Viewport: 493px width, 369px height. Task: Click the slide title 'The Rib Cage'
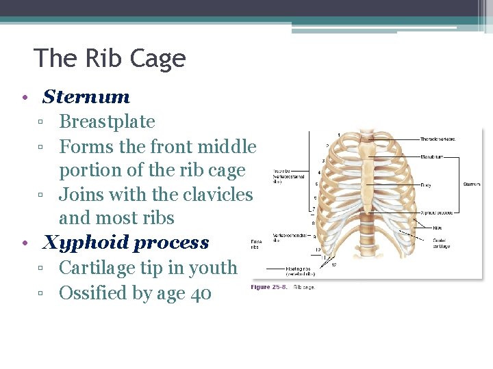coord(110,58)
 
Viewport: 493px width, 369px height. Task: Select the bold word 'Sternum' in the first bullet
coord(86,97)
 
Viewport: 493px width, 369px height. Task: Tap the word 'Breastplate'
coord(107,122)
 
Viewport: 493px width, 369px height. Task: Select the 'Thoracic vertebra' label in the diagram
coord(438,139)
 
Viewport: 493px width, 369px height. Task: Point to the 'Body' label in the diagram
coord(426,184)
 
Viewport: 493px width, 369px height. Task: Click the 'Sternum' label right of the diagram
coord(472,184)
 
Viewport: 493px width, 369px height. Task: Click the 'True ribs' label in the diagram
coord(282,175)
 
